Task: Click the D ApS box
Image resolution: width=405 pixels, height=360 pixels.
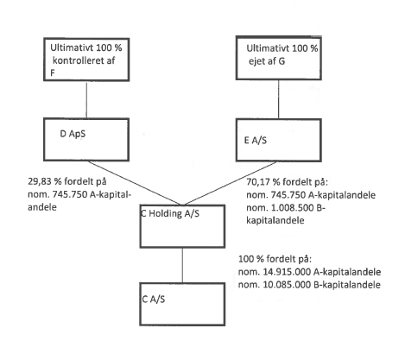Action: point(86,139)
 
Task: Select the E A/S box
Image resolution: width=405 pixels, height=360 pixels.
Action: point(279,140)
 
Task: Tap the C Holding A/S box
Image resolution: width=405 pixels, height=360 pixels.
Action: point(182,226)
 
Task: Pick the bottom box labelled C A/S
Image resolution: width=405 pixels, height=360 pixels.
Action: point(182,304)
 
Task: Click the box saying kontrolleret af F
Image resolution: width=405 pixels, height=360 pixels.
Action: point(86,60)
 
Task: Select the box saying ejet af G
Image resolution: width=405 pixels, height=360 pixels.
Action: point(279,58)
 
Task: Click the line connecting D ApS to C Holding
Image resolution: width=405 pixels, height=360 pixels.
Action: point(135,183)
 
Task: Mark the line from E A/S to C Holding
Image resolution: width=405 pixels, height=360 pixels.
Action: point(231,183)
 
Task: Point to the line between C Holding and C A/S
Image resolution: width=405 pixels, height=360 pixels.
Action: point(182,265)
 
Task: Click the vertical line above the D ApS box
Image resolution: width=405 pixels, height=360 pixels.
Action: point(86,99)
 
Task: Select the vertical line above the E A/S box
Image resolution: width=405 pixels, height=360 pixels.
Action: point(278,99)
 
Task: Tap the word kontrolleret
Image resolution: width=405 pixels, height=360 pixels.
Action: point(79,60)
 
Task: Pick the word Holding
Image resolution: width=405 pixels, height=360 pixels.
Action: point(165,213)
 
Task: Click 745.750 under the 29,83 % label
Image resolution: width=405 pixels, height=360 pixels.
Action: point(70,194)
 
